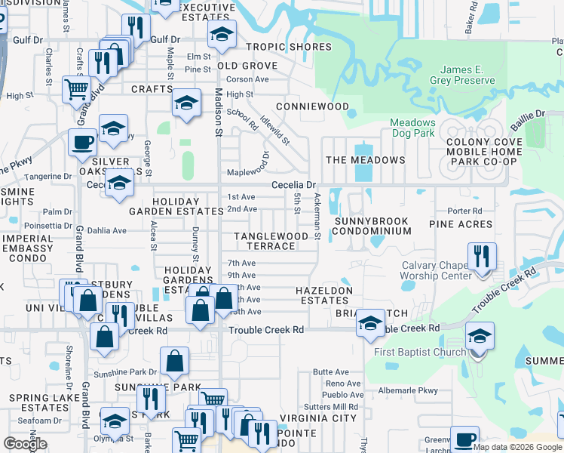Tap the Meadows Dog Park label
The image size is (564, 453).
coord(412,128)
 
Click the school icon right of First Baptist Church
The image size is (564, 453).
coord(480,335)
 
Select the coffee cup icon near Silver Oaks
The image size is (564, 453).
coord(82,141)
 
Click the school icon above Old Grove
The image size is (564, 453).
coord(222,33)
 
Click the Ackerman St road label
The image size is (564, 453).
coord(317,216)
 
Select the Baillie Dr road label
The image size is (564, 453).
coord(529,114)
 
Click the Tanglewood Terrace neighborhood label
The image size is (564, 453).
coord(271,241)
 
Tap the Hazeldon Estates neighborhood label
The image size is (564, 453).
coord(323,295)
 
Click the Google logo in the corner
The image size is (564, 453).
coord(25,445)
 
